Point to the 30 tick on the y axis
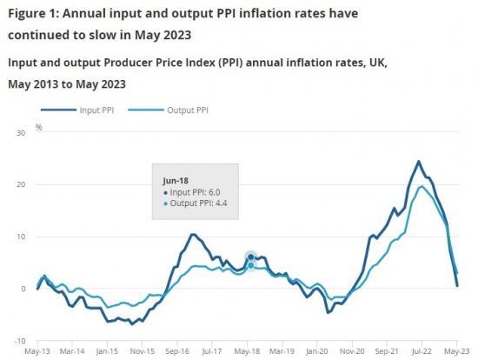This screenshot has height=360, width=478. (x=22, y=133)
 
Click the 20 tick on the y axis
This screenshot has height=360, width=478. (x=22, y=185)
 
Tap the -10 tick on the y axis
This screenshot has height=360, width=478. (x=20, y=341)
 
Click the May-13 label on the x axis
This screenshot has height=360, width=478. (x=37, y=352)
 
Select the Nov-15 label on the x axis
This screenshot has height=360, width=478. (x=143, y=352)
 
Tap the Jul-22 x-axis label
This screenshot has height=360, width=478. (x=422, y=352)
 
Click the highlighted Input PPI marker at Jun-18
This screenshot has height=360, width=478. (x=251, y=257)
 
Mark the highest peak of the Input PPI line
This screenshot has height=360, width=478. (x=419, y=161)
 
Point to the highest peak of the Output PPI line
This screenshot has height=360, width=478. (x=422, y=186)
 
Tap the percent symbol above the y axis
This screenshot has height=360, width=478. (x=38, y=127)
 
